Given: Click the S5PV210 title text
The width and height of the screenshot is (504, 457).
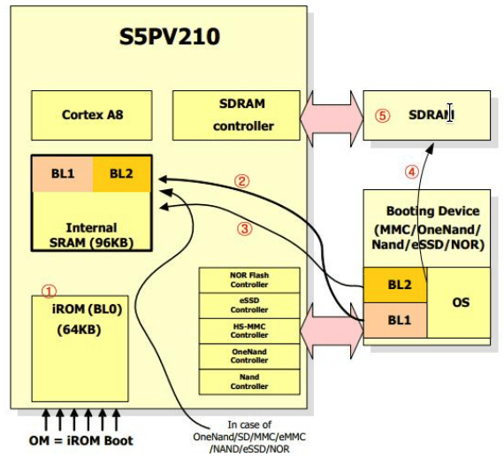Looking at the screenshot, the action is click(x=170, y=36).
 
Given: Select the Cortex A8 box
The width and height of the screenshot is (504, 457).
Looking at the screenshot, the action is click(x=92, y=116).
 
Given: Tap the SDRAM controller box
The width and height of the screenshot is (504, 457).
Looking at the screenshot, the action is click(x=236, y=116).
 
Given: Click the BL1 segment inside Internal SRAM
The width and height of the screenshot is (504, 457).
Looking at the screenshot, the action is click(x=63, y=174).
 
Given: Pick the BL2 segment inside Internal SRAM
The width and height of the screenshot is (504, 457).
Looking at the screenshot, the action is click(x=122, y=174).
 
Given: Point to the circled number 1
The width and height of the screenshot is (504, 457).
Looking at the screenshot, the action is click(x=50, y=292).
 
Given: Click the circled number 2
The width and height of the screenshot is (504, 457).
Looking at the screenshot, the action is click(x=241, y=181).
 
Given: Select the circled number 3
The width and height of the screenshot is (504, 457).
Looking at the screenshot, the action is click(x=245, y=229).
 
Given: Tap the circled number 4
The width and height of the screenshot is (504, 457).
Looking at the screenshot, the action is click(x=412, y=172).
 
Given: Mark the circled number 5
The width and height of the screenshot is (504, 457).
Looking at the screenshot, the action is click(x=383, y=116).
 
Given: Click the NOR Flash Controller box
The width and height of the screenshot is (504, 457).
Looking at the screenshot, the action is click(x=249, y=280).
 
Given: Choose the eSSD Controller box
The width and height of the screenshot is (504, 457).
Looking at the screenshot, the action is click(x=249, y=305).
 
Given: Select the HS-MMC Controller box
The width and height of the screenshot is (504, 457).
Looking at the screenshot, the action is click(x=249, y=331).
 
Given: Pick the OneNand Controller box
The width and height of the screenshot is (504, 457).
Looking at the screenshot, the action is click(x=249, y=356).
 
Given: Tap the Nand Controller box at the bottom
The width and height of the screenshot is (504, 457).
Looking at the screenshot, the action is click(x=249, y=382).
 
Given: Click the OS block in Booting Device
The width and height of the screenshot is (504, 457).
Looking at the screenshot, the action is click(x=459, y=302).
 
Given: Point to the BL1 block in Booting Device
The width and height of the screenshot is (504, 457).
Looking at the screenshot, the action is click(x=395, y=320).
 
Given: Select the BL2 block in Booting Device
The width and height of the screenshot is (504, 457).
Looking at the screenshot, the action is click(x=395, y=285).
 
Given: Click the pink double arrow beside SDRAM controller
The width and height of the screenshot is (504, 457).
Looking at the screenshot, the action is click(x=332, y=118).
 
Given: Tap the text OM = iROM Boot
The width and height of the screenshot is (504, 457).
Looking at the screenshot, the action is click(x=81, y=440).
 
